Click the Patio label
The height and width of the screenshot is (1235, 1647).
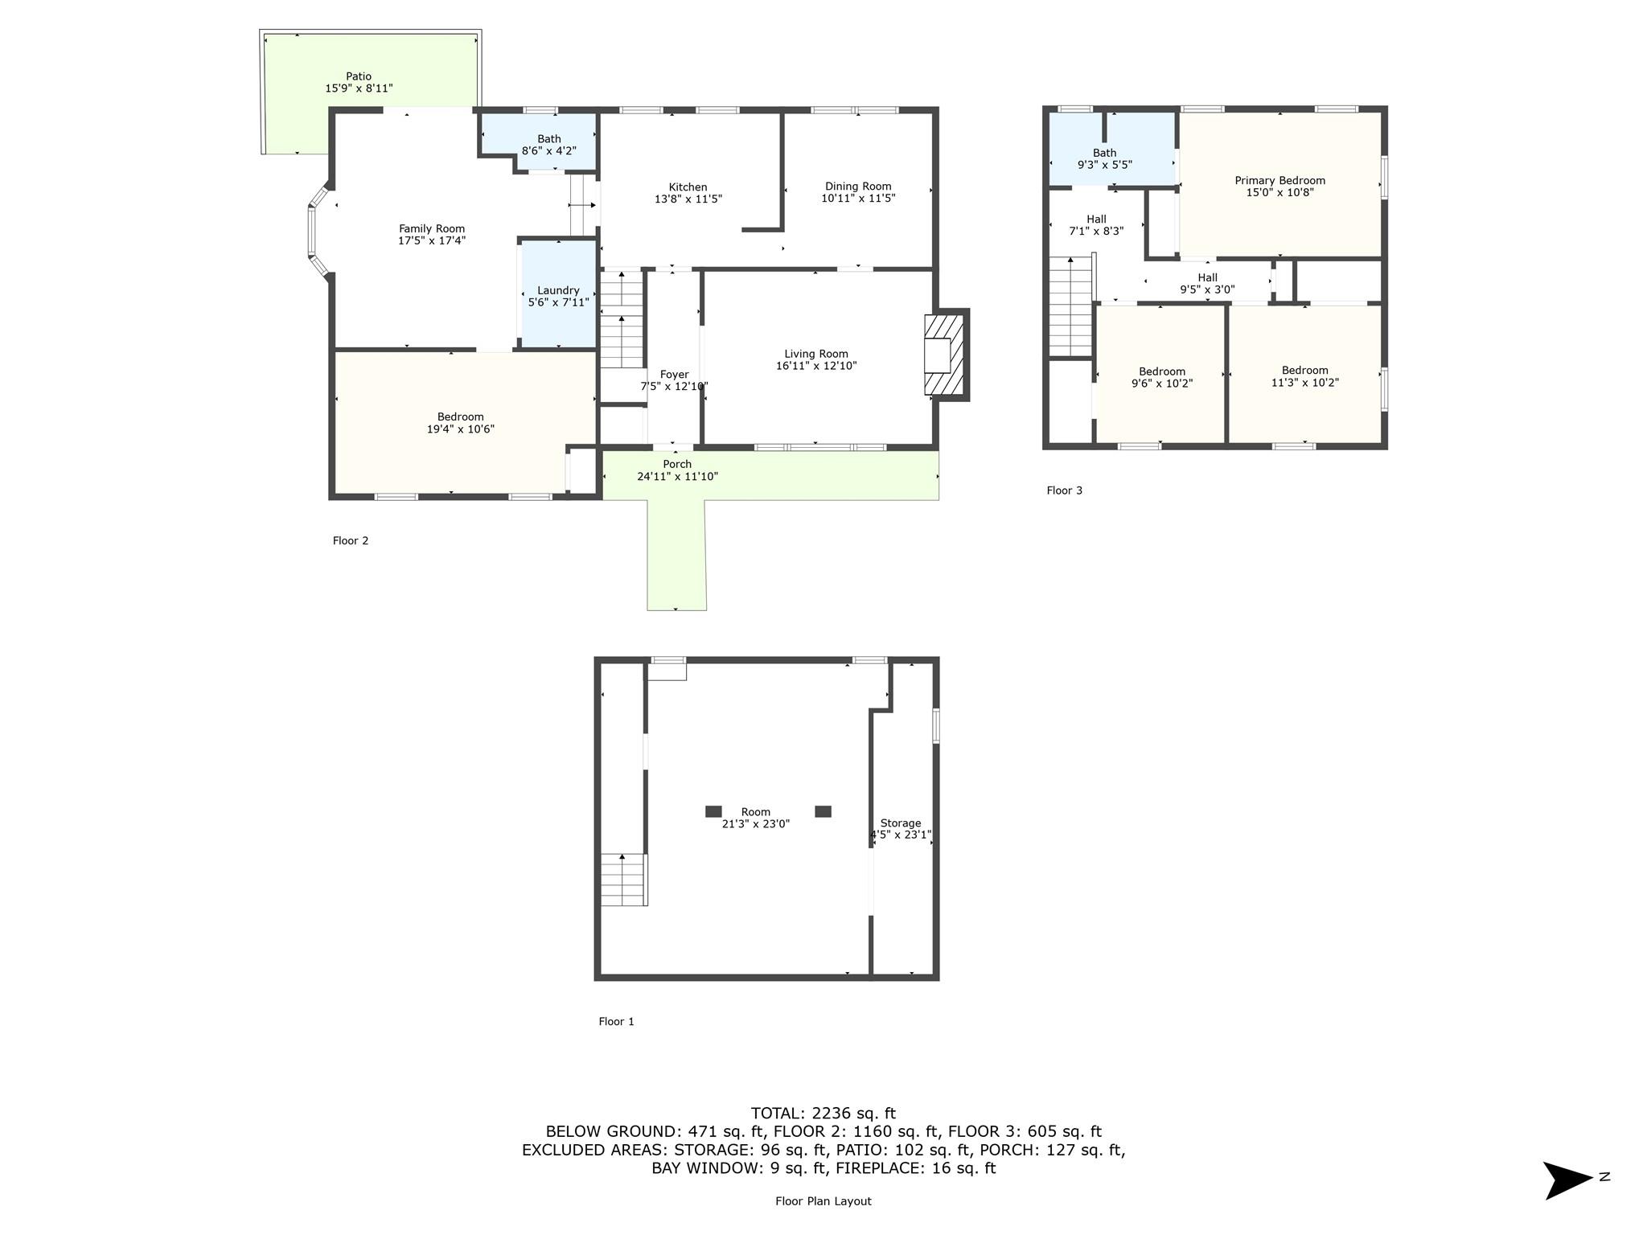pyautogui.click(x=359, y=77)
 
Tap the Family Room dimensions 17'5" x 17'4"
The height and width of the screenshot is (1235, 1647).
pyautogui.click(x=432, y=240)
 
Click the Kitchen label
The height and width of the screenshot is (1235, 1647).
pyautogui.click(x=688, y=187)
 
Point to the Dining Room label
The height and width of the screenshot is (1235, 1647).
pyautogui.click(x=858, y=187)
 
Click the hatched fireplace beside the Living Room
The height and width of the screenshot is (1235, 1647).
pyautogui.click(x=945, y=354)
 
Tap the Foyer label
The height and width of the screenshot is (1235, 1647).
pyautogui.click(x=674, y=375)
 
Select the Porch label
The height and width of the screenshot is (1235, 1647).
pyautogui.click(x=677, y=464)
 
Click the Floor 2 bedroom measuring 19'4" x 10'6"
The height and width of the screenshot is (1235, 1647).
pyautogui.click(x=460, y=423)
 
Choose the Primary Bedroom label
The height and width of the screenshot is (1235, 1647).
pyautogui.click(x=1279, y=181)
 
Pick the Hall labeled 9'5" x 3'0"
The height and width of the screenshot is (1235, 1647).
pyautogui.click(x=1207, y=284)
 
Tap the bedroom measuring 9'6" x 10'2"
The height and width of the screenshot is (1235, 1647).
pyautogui.click(x=1161, y=377)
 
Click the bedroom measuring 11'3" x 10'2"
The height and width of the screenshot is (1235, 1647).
pyautogui.click(x=1304, y=376)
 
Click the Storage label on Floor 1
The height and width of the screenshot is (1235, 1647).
pyautogui.click(x=900, y=823)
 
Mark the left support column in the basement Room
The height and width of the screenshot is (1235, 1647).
pyautogui.click(x=713, y=811)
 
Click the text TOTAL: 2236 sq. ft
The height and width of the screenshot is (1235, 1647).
pyautogui.click(x=823, y=1114)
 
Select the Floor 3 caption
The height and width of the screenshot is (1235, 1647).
pyautogui.click(x=1064, y=490)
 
